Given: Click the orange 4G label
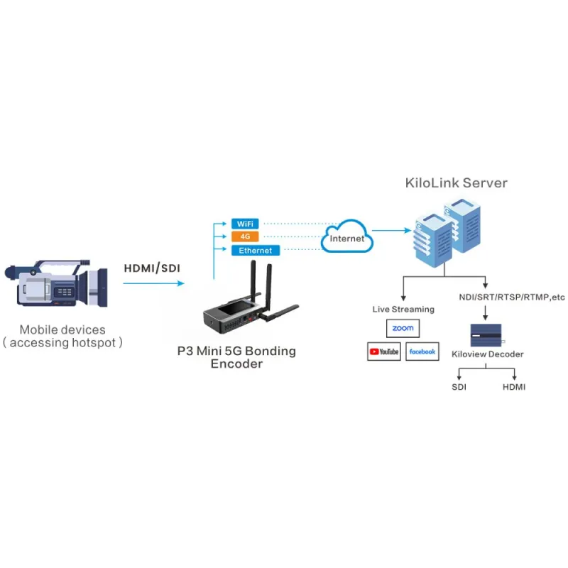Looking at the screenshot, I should (x=245, y=236).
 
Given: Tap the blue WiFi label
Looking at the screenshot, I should (x=245, y=224).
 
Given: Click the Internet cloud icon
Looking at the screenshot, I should (x=347, y=238).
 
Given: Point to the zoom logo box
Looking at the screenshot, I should (x=403, y=328).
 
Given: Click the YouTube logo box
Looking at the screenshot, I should (x=383, y=351).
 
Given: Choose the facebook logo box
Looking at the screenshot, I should (x=422, y=351).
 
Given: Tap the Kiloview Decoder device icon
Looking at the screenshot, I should (x=486, y=335).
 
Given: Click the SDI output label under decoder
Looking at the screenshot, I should (x=459, y=387).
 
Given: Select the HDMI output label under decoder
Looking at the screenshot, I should (x=514, y=387).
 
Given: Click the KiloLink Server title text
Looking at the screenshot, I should (x=456, y=182).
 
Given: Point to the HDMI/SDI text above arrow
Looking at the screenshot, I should (x=152, y=268).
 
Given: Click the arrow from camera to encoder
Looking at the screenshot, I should (x=153, y=283).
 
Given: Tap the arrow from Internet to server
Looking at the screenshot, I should (x=392, y=230).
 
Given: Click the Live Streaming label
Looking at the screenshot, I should (x=402, y=310).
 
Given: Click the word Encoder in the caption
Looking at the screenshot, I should (x=236, y=364).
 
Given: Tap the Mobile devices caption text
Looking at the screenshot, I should (x=62, y=329).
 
